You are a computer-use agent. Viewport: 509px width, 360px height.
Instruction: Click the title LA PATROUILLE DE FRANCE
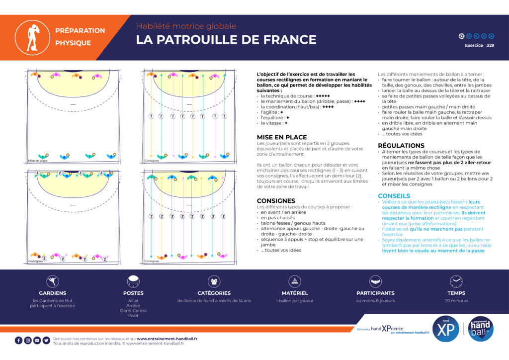226,40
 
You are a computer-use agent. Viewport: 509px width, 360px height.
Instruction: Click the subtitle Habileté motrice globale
186,26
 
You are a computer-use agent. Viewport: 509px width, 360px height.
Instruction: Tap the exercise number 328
490,45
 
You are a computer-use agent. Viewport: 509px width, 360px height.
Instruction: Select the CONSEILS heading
394,196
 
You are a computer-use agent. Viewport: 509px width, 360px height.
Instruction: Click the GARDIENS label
53,293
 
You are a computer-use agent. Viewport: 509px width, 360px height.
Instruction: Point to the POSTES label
133,293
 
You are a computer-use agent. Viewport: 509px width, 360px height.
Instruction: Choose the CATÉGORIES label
214,293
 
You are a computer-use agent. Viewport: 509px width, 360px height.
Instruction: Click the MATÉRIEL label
295,293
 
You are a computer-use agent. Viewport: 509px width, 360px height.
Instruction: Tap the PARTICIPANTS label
375,293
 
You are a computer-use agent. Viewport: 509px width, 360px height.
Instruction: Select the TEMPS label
456,293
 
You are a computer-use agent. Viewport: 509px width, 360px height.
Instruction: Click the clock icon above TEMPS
456,281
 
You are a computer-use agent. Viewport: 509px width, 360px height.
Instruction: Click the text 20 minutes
456,301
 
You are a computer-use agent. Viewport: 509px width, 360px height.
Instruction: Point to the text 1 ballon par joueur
295,301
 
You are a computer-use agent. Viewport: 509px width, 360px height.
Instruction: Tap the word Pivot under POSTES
133,316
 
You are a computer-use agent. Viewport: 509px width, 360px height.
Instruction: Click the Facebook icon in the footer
19,341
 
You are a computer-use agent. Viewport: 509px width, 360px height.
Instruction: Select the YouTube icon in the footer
37,341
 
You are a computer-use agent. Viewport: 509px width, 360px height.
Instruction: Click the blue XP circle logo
445,329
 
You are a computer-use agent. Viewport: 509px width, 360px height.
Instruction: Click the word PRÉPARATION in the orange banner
80,30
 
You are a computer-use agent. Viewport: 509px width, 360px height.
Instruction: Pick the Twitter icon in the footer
46,341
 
